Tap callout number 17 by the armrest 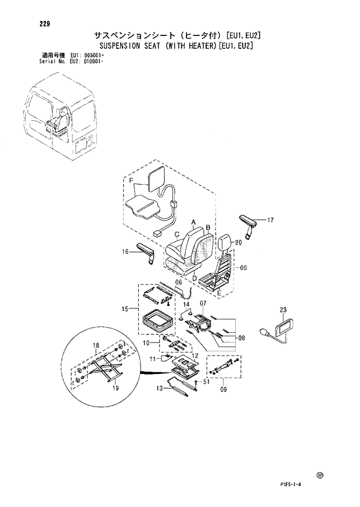(270, 220)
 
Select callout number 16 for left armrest (125, 251)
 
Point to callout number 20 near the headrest (238, 243)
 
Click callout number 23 (283, 310)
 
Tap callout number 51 (206, 382)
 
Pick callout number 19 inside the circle (116, 389)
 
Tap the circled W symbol (319, 476)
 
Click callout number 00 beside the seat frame (243, 268)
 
